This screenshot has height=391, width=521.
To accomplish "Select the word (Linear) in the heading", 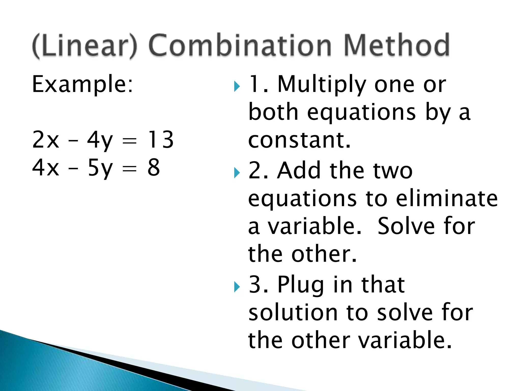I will [85, 46].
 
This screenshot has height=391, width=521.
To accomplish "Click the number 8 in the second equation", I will [154, 167].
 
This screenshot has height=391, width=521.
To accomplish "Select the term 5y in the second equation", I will [100, 168].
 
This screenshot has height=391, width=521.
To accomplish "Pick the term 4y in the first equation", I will [100, 140].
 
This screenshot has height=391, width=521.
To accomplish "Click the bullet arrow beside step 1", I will [237, 87].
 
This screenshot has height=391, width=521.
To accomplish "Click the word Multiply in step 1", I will [322, 85].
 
